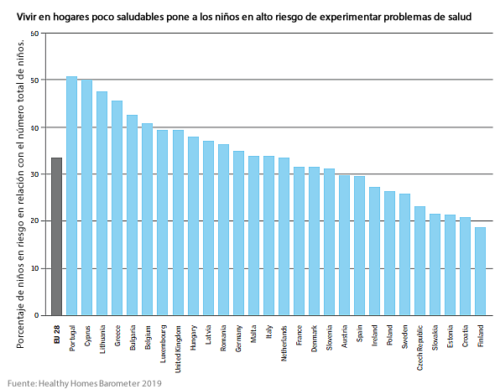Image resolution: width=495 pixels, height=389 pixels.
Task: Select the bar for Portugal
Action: tap(71, 196)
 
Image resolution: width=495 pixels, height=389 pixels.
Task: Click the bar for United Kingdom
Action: tap(178, 223)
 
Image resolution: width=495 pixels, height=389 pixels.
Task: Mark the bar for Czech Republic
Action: tap(419, 261)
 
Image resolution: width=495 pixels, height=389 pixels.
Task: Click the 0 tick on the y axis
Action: tap(36, 315)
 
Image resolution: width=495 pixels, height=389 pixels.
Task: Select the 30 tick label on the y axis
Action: tap(34, 174)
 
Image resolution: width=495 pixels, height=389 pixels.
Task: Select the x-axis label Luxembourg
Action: tap(163, 341)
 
